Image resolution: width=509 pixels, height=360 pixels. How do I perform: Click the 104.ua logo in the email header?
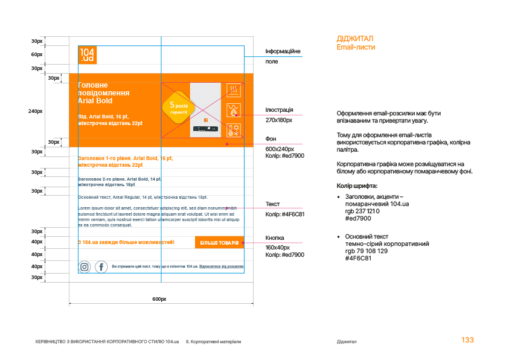tap(88, 55)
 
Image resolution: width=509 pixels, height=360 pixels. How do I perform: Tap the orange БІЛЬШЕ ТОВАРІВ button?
tap(219, 242)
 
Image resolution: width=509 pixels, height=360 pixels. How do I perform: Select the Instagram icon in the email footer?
tap(85, 266)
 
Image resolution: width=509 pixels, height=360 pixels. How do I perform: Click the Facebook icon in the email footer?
tap(101, 266)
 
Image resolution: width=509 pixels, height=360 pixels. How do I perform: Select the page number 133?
tap(467, 340)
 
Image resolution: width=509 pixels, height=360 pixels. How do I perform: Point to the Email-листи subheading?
tap(356, 47)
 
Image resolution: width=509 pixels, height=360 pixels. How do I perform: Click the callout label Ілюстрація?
tap(280, 110)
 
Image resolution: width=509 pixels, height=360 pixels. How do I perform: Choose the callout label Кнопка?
tap(275, 238)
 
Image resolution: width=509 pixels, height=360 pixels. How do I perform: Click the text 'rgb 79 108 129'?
tap(367, 251)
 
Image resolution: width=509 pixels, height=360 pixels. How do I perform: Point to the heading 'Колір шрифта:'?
tap(357, 185)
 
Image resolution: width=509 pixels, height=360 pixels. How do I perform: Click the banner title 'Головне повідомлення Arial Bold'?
tap(104, 93)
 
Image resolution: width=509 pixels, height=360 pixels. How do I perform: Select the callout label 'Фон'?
tap(271, 139)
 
